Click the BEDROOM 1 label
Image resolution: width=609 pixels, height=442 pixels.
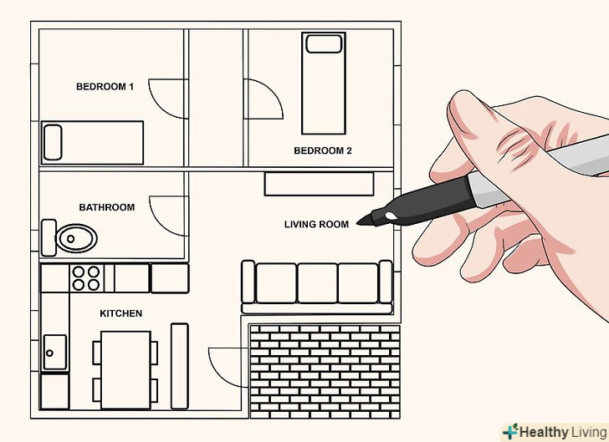click(x=105, y=87)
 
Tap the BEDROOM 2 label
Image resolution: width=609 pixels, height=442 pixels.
click(x=323, y=150)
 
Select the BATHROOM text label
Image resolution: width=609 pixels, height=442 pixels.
click(x=107, y=207)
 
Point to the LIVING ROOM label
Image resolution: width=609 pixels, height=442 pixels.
click(x=316, y=224)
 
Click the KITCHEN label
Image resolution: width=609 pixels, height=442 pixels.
click(x=120, y=313)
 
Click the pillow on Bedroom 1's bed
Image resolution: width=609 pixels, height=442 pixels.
click(x=53, y=142)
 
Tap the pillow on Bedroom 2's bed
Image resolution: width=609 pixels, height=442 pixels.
click(x=324, y=43)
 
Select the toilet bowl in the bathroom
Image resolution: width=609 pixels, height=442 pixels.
click(x=76, y=238)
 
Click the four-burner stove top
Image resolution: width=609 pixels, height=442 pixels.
click(x=86, y=278)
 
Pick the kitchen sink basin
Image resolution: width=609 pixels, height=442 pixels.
click(x=54, y=353)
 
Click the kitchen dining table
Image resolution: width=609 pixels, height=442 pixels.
click(x=125, y=369)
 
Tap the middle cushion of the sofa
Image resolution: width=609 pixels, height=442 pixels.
click(x=317, y=283)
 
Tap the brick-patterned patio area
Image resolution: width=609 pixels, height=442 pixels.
click(x=325, y=371)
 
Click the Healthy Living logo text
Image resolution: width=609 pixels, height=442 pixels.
click(x=563, y=432)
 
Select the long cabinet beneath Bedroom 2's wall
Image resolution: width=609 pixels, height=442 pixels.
click(x=320, y=184)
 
